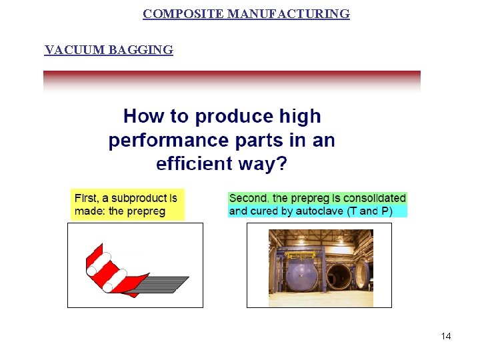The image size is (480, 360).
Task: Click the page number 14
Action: [x=446, y=336]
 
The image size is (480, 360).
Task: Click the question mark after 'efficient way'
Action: [x=281, y=164]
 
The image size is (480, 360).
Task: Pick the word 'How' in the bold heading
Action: [x=143, y=117]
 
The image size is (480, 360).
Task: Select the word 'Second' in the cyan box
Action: [x=249, y=198]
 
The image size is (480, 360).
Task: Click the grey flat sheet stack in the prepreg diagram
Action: [x=163, y=283]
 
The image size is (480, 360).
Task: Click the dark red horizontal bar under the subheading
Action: [x=231, y=74]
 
